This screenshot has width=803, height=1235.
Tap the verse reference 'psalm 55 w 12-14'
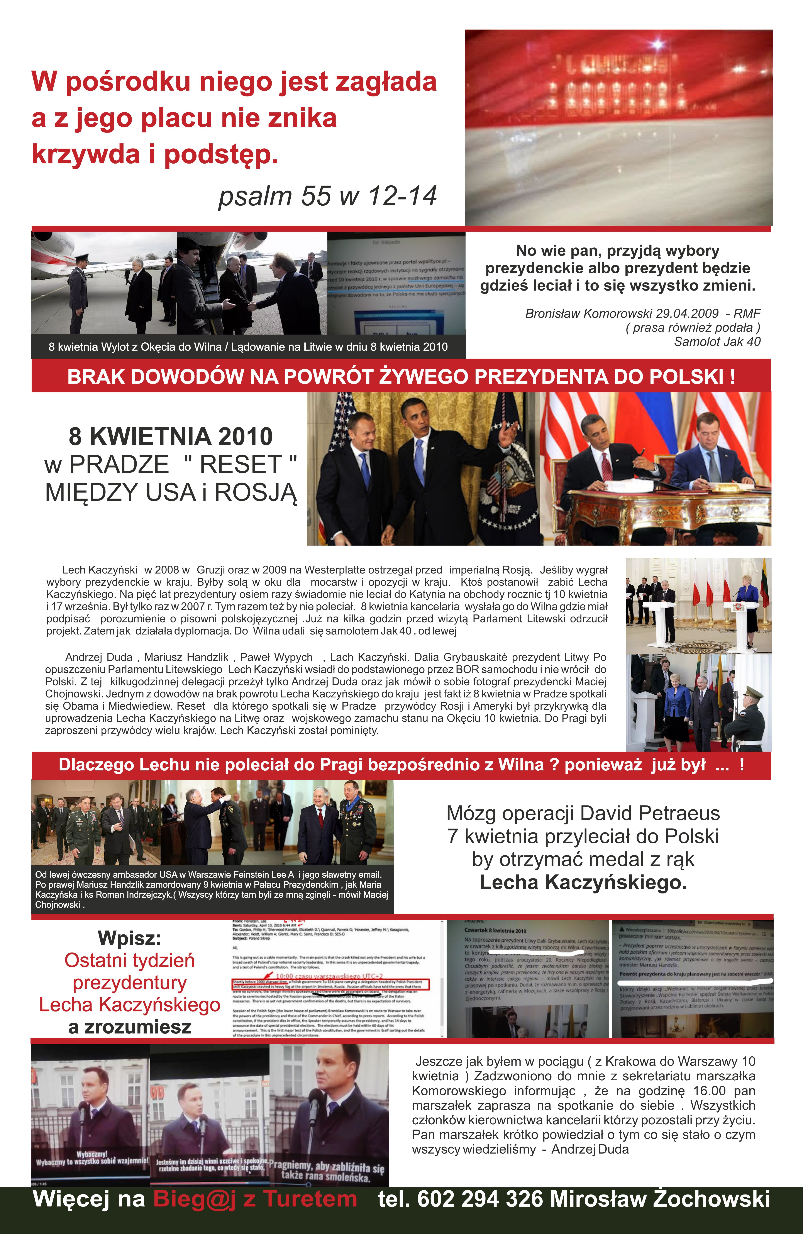[x=327, y=196]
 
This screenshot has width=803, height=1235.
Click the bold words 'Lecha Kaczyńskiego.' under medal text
[x=583, y=882]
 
